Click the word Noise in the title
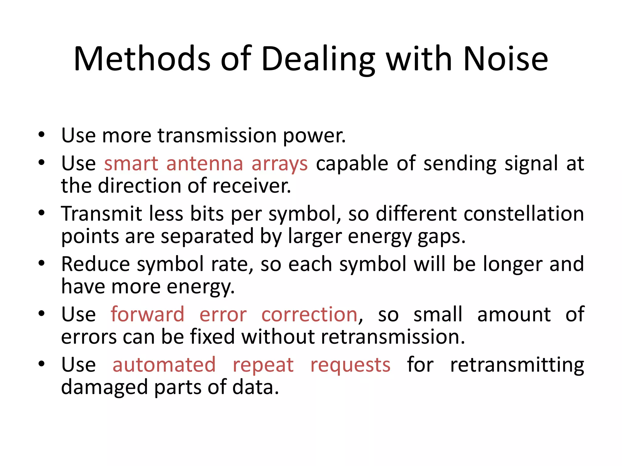pos(506,59)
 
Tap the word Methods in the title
pos(142,59)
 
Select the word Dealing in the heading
pos(318,59)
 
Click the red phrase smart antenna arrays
pos(206,164)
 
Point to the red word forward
pos(148,314)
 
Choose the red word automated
pos(164,365)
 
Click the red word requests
pos(350,365)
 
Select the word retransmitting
pos(517,365)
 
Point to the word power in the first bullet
pos(314,136)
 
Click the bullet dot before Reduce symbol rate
pos(42,263)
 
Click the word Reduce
pos(96,264)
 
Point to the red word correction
pos(309,314)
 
